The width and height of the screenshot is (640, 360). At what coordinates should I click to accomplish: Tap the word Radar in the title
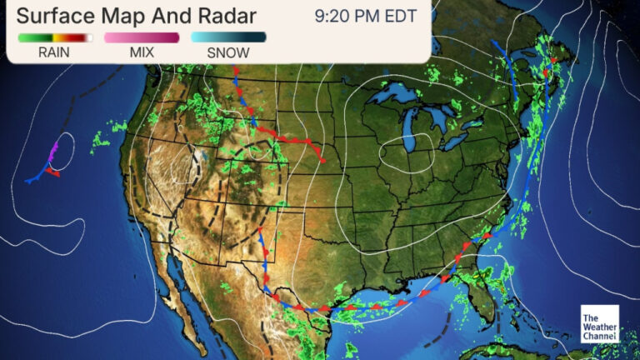[x=224, y=16]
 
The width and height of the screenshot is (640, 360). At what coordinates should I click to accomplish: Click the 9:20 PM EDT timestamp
[x=365, y=16]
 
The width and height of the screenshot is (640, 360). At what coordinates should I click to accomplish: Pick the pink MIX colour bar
[x=142, y=37]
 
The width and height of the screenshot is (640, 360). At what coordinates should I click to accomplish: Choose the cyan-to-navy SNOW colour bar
[x=228, y=37]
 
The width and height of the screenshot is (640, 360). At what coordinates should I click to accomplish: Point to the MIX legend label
[x=142, y=52]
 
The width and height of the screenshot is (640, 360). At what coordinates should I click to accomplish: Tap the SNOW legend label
[x=228, y=52]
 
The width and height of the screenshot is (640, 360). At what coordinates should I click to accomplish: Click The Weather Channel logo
[x=600, y=323]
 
